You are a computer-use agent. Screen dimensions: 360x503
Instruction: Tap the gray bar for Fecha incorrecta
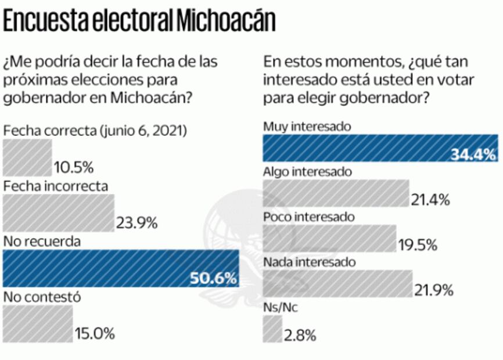pos(59,213)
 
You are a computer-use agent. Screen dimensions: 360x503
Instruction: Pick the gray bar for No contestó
pos(38,324)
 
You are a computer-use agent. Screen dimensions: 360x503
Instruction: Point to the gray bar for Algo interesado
pos(336,193)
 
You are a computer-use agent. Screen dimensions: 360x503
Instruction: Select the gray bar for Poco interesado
pos(329,238)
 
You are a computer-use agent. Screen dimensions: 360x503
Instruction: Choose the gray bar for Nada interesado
pos(337,283)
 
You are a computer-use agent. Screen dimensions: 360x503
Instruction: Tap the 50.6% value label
pos(213,279)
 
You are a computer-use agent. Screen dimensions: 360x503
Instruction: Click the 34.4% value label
pos(473,155)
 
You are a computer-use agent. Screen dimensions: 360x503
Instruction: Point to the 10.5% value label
pos(74,168)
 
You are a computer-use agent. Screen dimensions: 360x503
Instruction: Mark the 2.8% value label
pos(300,335)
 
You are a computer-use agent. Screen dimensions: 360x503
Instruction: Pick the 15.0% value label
pos(95,334)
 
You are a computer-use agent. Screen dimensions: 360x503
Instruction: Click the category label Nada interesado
pos(308,262)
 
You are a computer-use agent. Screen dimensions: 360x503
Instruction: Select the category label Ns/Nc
pos(280,308)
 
